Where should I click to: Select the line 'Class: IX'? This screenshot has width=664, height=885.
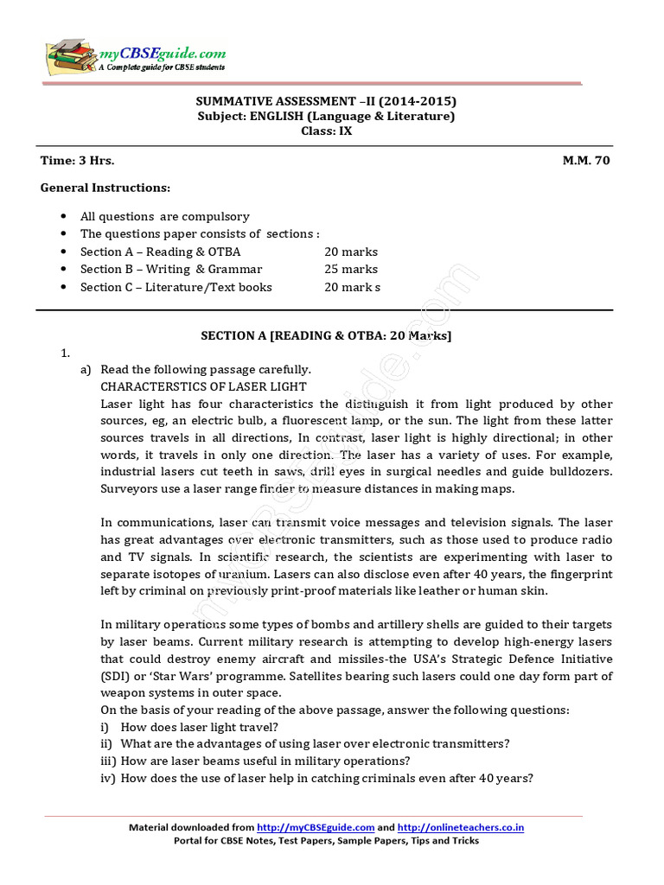[x=326, y=131]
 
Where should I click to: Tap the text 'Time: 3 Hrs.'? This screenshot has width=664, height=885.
[x=77, y=161]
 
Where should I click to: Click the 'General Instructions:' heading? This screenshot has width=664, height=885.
[x=105, y=188]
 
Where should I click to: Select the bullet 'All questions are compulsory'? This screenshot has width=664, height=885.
[x=164, y=217]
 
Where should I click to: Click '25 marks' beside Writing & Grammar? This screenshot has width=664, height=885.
[x=351, y=270]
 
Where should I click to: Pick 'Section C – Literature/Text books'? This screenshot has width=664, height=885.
[x=176, y=287]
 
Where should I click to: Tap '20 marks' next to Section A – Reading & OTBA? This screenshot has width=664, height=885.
[x=351, y=251]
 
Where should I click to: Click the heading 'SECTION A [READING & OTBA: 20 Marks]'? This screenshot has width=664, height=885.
[x=326, y=335]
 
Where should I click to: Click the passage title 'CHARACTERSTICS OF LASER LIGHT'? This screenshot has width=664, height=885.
[x=203, y=386]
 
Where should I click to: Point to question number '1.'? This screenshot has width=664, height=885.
[x=65, y=353]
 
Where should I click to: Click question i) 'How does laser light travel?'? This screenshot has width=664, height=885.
[x=199, y=727]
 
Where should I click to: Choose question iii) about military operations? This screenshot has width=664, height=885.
[x=265, y=761]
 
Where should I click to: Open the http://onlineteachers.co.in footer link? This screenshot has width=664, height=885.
[x=461, y=827]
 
